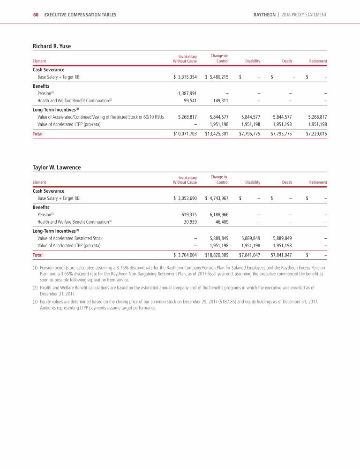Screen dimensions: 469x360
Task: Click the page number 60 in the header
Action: pyautogui.click(x=36, y=15)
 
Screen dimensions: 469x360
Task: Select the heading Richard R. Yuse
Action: pyautogui.click(x=52, y=46)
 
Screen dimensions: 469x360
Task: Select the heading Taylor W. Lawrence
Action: pyautogui.click(x=56, y=167)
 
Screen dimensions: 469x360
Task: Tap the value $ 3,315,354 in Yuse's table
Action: pyautogui.click(x=185, y=77)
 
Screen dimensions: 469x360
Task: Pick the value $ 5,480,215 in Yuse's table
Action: pyautogui.click(x=217, y=77)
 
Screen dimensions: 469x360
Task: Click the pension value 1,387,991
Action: pyautogui.click(x=187, y=93)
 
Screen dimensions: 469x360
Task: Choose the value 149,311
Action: pyautogui.click(x=221, y=100)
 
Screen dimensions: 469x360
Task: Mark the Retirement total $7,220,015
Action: pyautogui.click(x=316, y=134)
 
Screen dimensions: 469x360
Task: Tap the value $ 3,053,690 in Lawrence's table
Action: pyautogui.click(x=185, y=198)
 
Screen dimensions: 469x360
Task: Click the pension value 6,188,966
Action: pyautogui.click(x=219, y=215)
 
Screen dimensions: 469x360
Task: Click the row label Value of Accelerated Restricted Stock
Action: pyautogui.click(x=70, y=238)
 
